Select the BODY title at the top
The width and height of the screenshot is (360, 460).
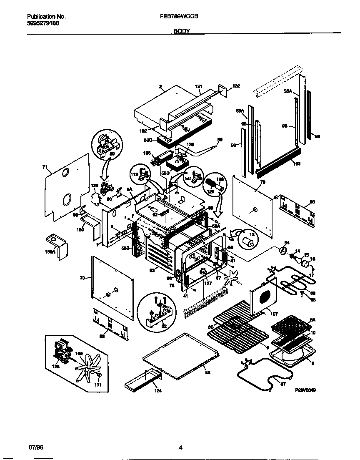coord(182,31)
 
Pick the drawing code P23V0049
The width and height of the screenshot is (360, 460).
coord(305,390)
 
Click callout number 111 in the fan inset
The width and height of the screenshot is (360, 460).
coord(98,384)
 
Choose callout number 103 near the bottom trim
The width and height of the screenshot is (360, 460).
coord(297,164)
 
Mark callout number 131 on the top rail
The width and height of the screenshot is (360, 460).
coord(198,86)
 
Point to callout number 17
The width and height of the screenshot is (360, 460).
coord(312,275)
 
